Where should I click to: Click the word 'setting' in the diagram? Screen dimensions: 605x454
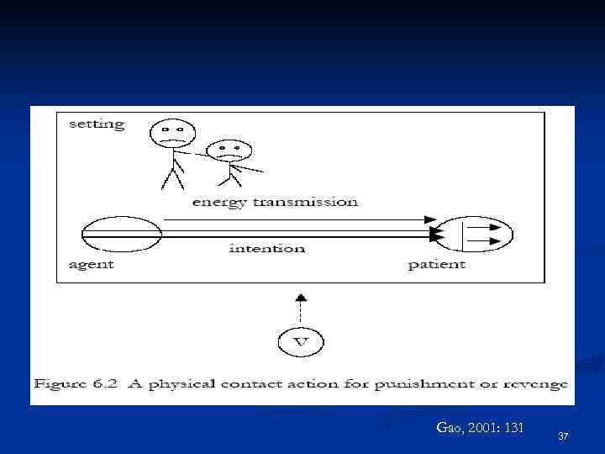[x=97, y=124]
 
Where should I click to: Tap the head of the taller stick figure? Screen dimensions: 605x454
[x=172, y=133]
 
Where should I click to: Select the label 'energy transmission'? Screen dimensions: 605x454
[x=275, y=202]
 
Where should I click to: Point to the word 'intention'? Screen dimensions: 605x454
[x=267, y=248]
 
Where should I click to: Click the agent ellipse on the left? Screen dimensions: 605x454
[x=121, y=233]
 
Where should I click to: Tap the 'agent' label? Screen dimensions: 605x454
[x=91, y=265]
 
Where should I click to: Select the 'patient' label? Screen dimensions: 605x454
[x=437, y=265]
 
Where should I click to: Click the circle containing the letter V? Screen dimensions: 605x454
[x=301, y=341]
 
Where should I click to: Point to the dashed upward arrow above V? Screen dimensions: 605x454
[x=301, y=306]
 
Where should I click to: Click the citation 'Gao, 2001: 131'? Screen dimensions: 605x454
[x=480, y=428]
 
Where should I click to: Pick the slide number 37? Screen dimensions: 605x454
[x=563, y=436]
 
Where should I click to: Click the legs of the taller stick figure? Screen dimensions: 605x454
[x=172, y=177]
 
